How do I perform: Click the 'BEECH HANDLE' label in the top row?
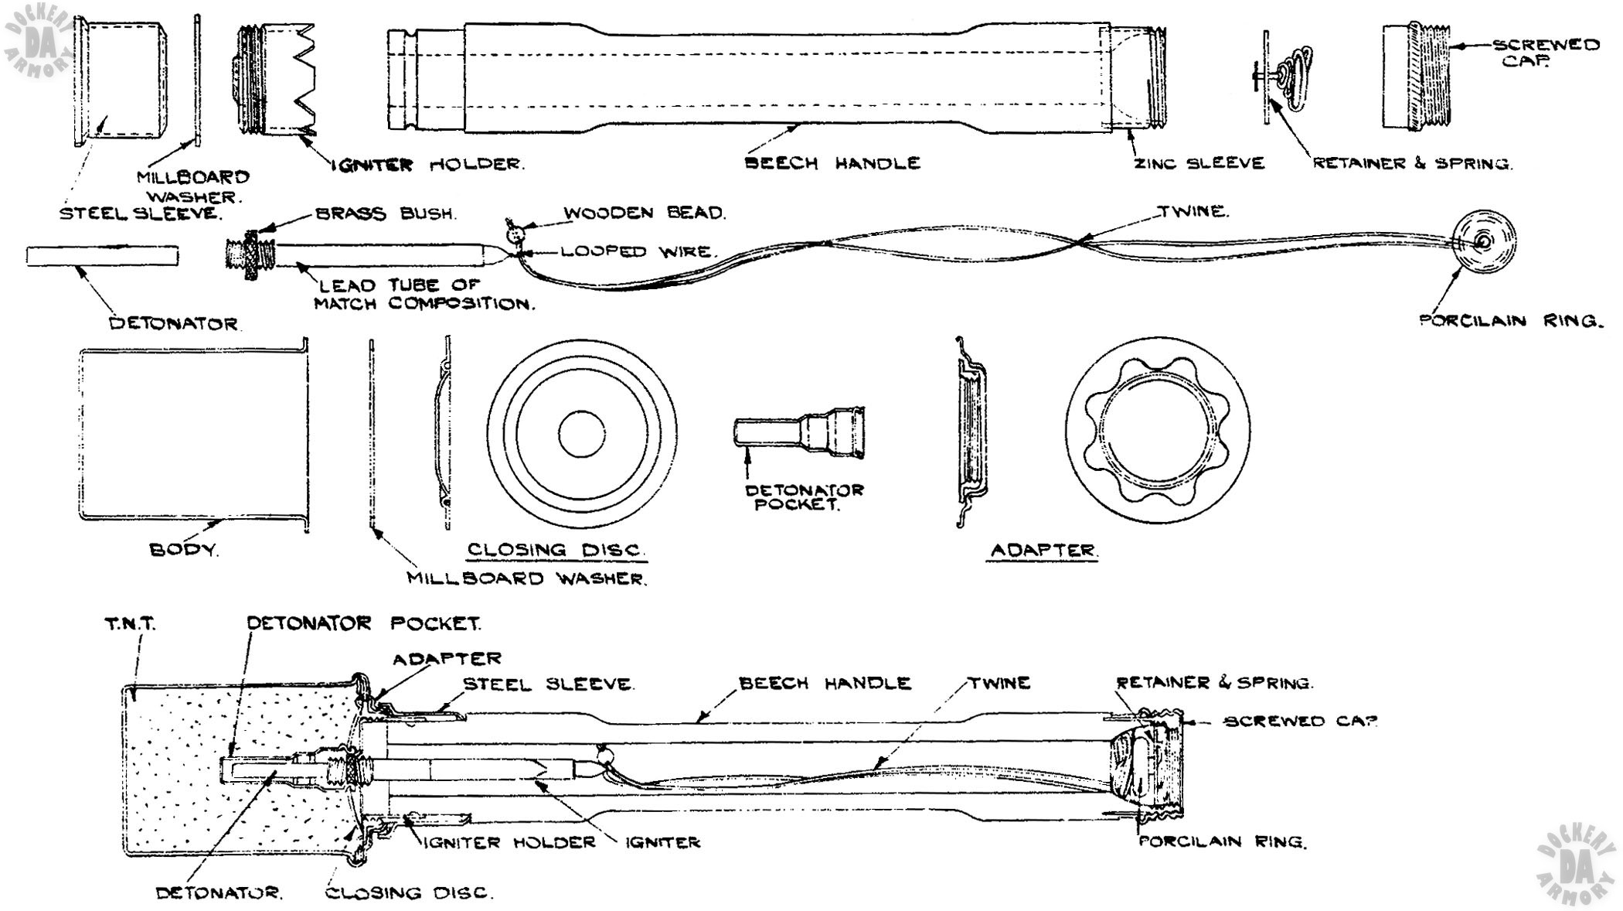[x=832, y=163]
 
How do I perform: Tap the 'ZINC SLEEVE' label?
[x=1199, y=163]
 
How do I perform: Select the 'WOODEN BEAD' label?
[x=645, y=213]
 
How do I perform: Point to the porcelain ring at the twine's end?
[x=1482, y=240]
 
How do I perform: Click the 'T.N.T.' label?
[x=130, y=623]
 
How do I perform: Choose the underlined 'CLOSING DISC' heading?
[x=556, y=550]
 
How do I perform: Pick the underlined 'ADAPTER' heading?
[x=1043, y=551]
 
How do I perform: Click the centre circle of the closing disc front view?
[x=582, y=434]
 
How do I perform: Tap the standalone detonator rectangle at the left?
[x=101, y=256]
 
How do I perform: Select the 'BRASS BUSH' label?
[x=386, y=213]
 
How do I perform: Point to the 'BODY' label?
[x=183, y=550]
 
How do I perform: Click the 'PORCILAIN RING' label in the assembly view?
[x=1223, y=841]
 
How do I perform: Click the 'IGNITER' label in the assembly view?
[x=662, y=842]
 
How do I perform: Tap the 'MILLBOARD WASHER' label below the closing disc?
[x=526, y=578]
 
